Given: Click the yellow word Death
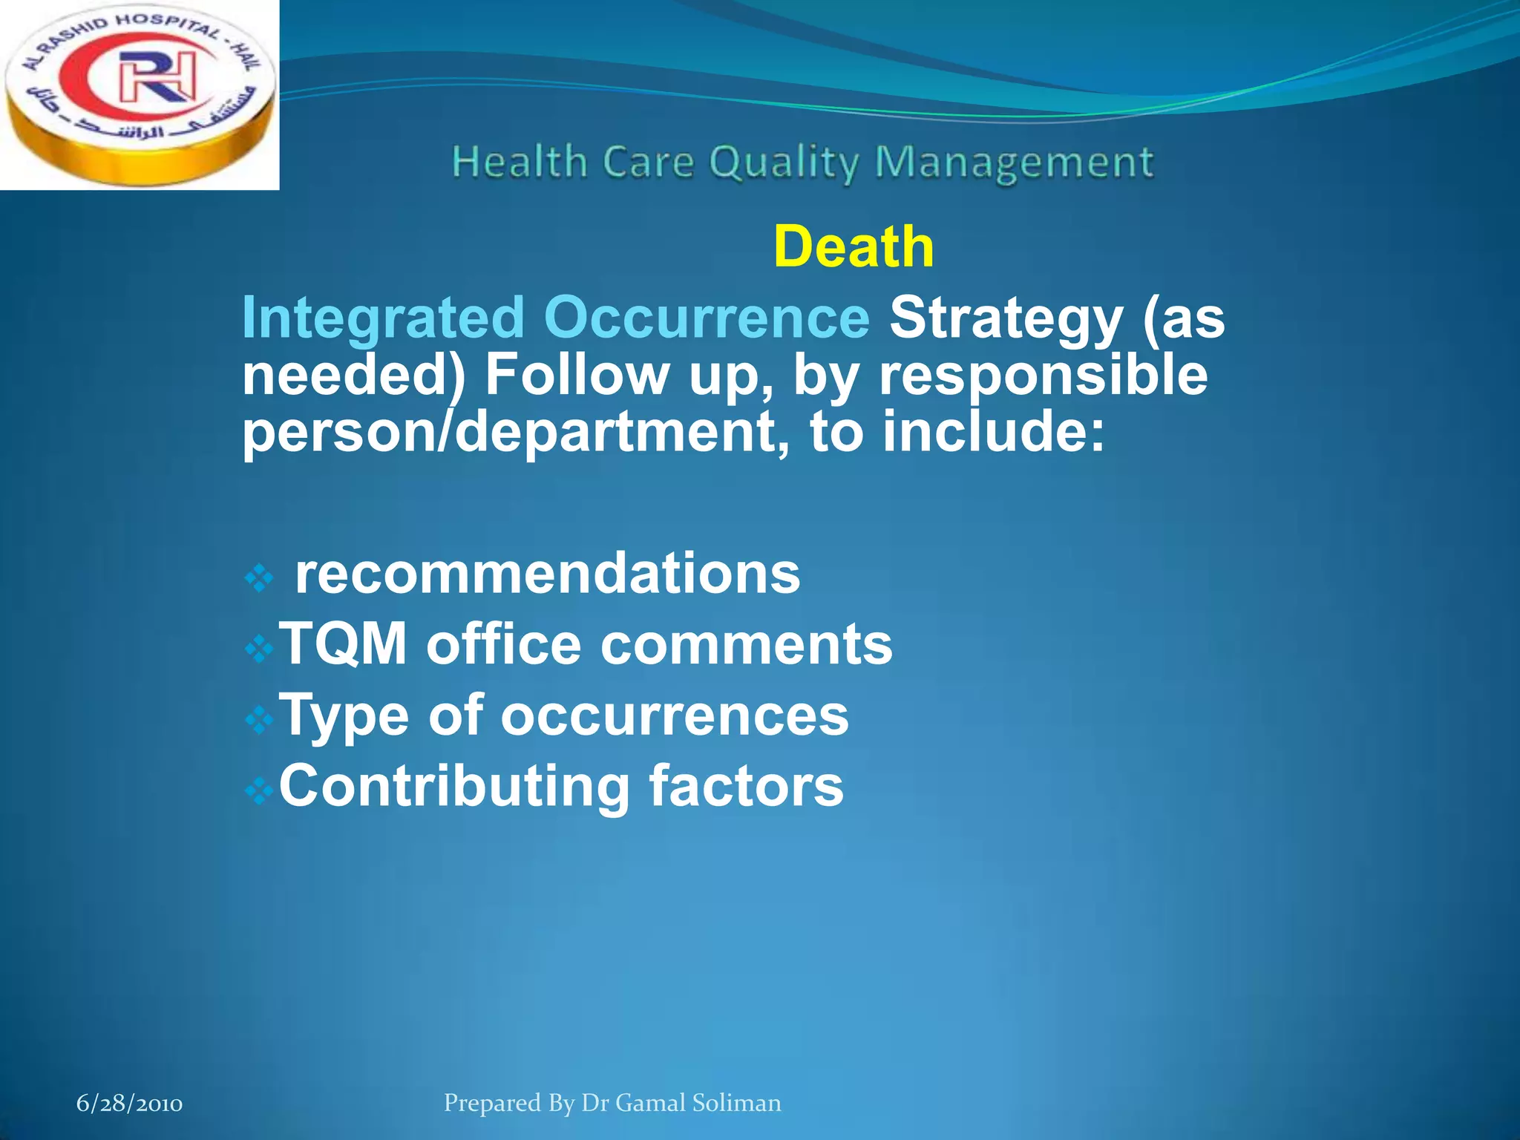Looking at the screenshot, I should tap(854, 247).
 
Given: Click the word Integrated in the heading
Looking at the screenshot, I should tap(383, 318).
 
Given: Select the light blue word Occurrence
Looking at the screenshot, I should tap(706, 318).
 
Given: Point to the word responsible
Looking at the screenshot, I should tap(1043, 375).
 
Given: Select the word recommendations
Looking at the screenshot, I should tap(548, 574).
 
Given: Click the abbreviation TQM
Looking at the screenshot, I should tap(343, 643).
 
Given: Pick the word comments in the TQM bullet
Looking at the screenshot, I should tap(746, 643).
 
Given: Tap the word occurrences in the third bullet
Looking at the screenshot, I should tap(674, 715).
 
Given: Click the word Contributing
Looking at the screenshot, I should tap(454, 787).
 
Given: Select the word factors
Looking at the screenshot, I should tap(746, 787).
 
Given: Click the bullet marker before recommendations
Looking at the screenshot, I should tap(259, 579).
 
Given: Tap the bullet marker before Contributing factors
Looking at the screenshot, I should tap(259, 792).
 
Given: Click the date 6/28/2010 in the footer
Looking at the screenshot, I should tap(129, 1104).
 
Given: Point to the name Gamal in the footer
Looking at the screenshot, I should tap(650, 1103).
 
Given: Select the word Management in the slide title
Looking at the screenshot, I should tap(1014, 163).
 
